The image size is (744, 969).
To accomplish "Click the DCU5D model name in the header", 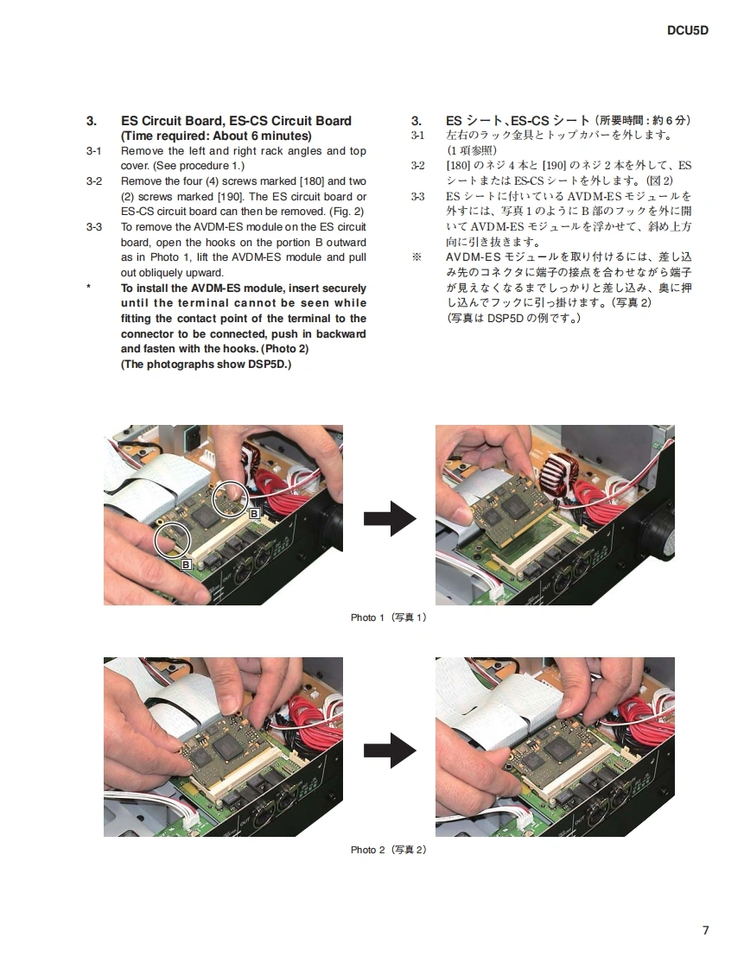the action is coord(687,30).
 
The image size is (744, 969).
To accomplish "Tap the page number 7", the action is coord(706,930).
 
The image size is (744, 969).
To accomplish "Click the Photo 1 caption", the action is coord(389,617).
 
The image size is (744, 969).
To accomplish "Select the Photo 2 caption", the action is coord(389,850).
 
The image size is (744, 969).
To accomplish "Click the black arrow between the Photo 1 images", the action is coord(390,518).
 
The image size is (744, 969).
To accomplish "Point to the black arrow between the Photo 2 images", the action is coord(390,750).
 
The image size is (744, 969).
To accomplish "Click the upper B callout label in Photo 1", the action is coord(254,514).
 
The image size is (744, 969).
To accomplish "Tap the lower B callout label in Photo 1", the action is coord(186,564).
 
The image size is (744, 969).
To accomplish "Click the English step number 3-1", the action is coord(94,151).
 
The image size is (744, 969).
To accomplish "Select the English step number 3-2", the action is coord(94,181).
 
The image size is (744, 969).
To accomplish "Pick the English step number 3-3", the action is coord(94,227).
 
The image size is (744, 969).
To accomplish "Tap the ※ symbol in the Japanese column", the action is coord(417,256).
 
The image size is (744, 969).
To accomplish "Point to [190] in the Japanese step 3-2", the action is coord(554,166).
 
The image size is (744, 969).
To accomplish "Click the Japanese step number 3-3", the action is coord(418,197).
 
